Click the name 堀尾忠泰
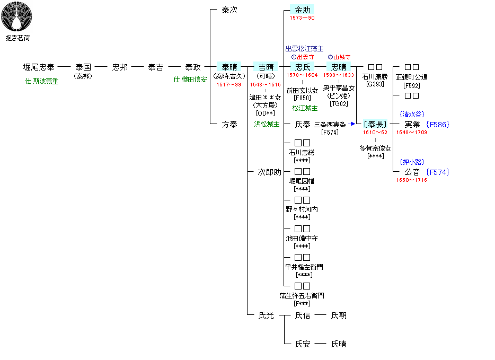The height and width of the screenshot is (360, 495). [x=39, y=67]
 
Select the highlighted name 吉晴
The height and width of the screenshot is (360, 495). [x=266, y=67]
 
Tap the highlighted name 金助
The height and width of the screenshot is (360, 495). [x=302, y=10]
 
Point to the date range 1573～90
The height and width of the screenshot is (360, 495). [x=302, y=18]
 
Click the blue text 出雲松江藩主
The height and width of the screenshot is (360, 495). [x=304, y=49]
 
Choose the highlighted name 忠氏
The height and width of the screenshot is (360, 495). [x=302, y=67]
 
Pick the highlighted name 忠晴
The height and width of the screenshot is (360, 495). [x=339, y=67]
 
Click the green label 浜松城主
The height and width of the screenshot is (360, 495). [x=266, y=125]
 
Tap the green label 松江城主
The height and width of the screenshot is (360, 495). [x=305, y=108]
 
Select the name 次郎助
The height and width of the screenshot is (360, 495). [x=269, y=172]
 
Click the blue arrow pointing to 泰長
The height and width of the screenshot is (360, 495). [x=352, y=124]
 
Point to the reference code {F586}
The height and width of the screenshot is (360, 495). [x=438, y=124]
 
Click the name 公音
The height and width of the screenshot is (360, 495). [x=412, y=172]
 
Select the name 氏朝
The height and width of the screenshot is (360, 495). [x=339, y=315]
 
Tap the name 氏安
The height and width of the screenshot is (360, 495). [x=302, y=344]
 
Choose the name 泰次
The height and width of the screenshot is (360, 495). [x=229, y=10]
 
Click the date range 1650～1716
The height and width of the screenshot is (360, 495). [x=412, y=180]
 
